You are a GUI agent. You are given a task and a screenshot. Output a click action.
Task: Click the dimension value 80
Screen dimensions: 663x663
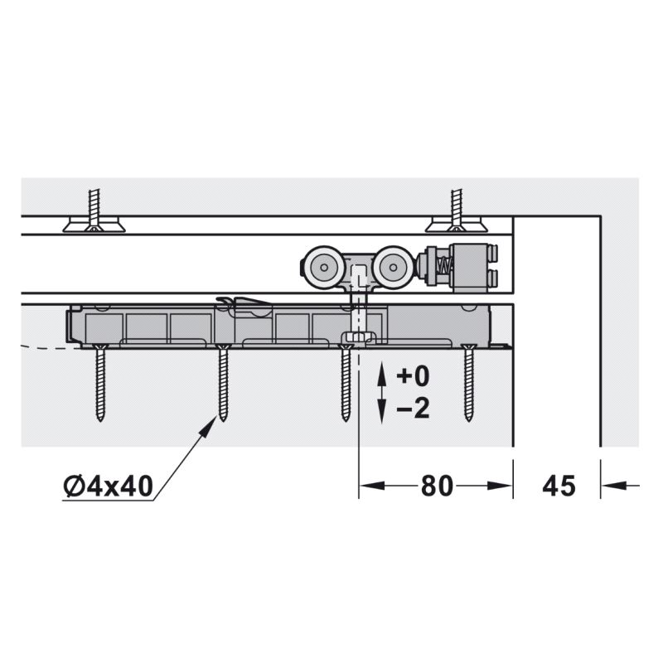point(437,486)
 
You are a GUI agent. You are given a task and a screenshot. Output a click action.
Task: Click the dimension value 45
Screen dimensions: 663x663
point(559,486)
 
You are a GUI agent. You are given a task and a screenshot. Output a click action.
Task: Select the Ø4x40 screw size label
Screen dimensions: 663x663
point(109,486)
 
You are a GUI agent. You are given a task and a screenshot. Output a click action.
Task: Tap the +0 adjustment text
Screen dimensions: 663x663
point(413,376)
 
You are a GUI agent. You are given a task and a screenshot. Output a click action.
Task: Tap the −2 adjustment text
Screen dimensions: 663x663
point(413,409)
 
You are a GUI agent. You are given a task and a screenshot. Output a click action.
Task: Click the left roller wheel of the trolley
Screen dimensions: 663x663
point(324,267)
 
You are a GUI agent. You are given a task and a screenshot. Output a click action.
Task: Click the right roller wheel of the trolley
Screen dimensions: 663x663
point(393,267)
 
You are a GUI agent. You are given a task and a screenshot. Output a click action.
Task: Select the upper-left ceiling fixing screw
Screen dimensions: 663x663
point(94,211)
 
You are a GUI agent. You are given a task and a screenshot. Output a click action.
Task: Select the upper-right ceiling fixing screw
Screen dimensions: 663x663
point(457,211)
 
